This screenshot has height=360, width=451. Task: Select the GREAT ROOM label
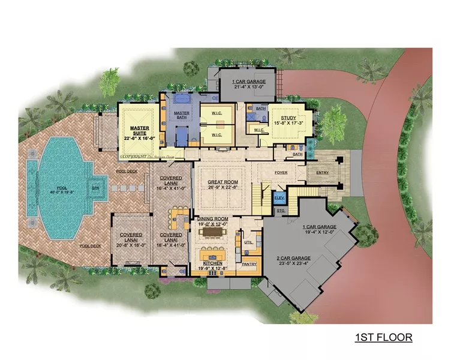pyautogui.click(x=223, y=182)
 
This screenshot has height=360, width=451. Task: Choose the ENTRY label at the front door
pyautogui.click(x=322, y=172)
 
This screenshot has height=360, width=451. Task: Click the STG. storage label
pyautogui.click(x=280, y=211)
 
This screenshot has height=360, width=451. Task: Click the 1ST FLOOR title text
pyautogui.click(x=383, y=337)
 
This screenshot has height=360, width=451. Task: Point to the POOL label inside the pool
pyautogui.click(x=59, y=188)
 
